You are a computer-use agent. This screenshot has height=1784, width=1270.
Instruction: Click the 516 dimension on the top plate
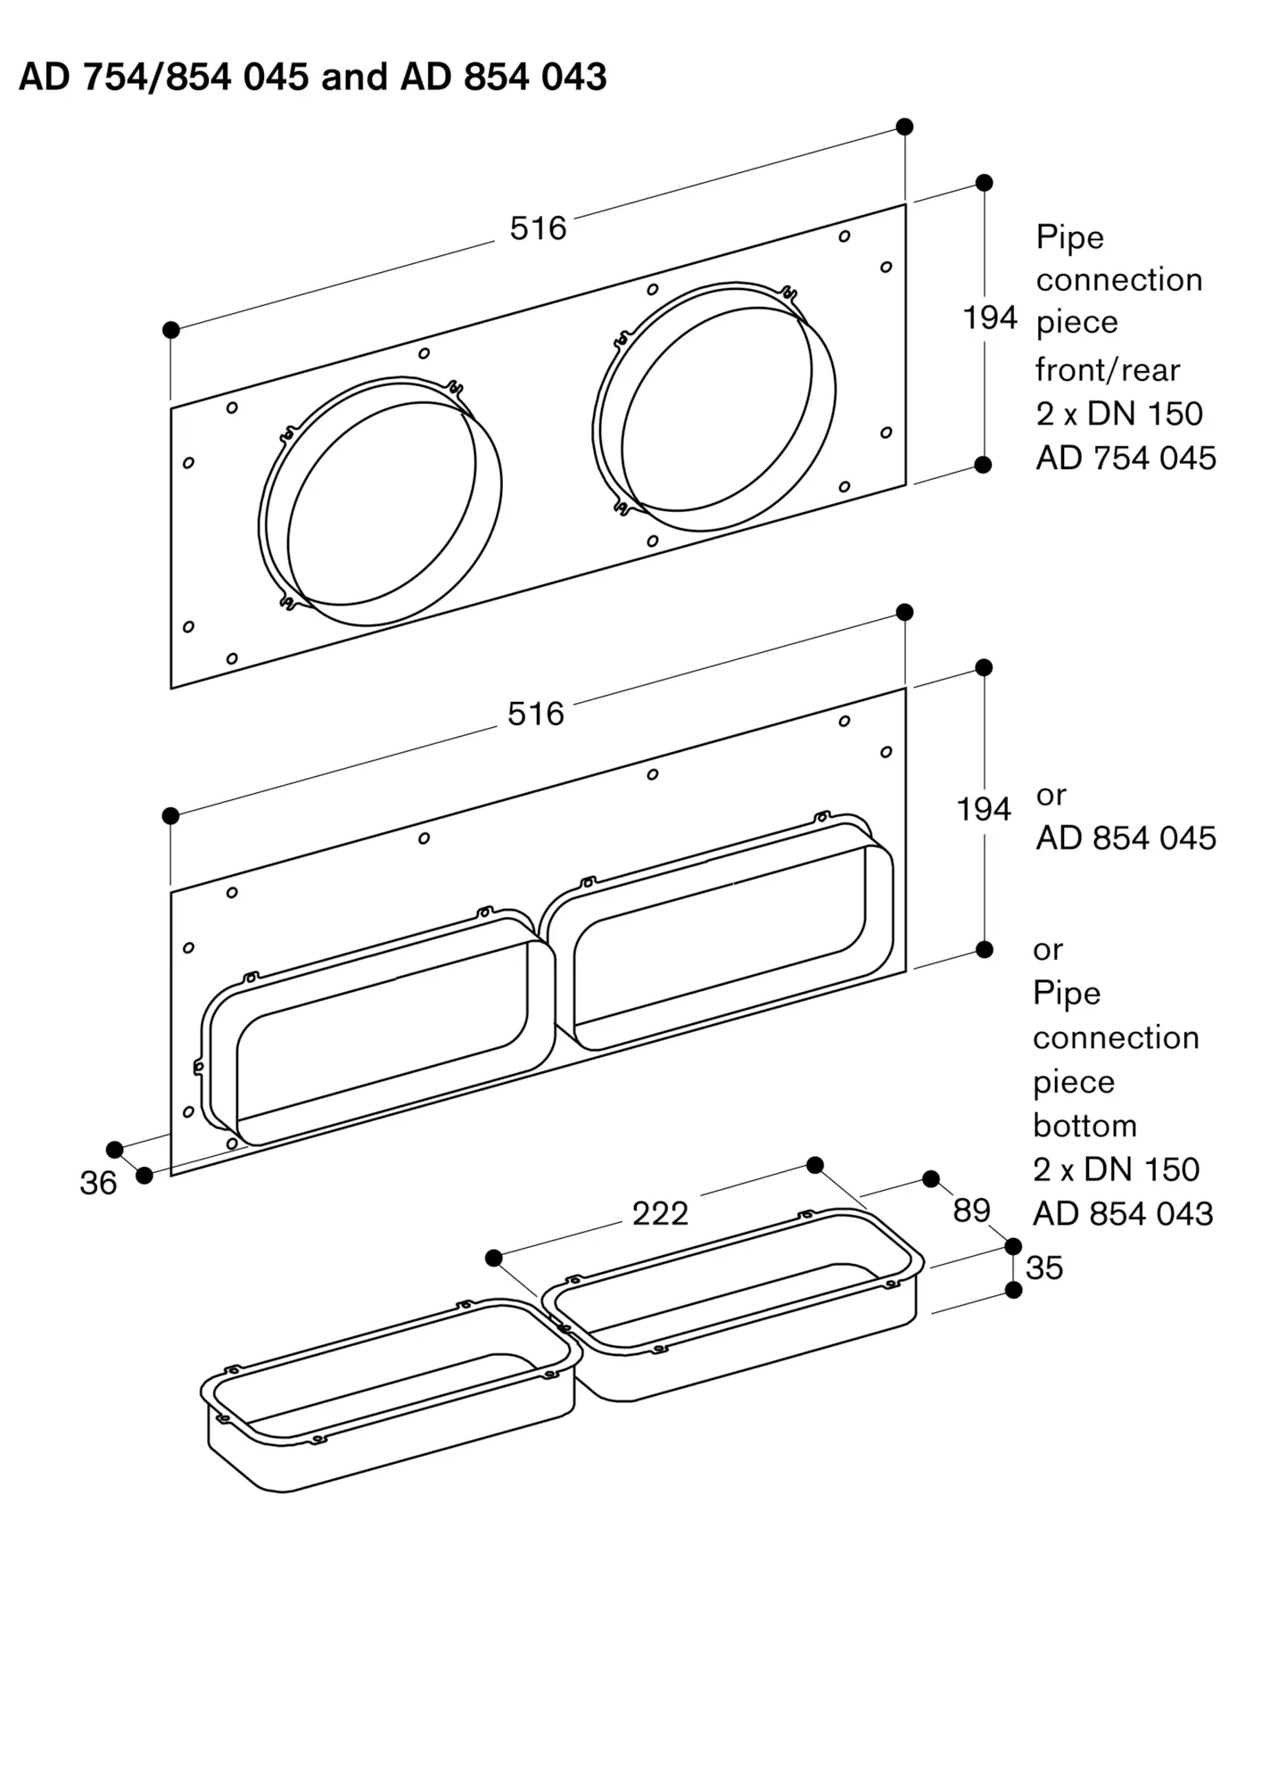click(538, 228)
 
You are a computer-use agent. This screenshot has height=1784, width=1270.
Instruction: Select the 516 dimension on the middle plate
click(536, 714)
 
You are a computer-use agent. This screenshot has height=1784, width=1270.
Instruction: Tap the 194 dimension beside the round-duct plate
click(990, 318)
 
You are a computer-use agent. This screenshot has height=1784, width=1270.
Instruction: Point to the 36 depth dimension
click(98, 1183)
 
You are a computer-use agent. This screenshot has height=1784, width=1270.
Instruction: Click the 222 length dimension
click(660, 1213)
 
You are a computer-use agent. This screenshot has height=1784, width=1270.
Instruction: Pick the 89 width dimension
click(971, 1210)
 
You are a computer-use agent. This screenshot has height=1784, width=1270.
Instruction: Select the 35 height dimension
click(1044, 1268)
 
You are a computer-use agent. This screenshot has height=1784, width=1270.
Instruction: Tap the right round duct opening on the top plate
click(715, 407)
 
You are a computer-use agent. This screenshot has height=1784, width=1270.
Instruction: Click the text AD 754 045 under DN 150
click(1126, 458)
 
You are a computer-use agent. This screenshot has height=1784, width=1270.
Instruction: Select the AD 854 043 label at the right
click(1123, 1213)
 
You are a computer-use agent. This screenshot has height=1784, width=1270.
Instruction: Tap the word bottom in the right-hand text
click(1084, 1126)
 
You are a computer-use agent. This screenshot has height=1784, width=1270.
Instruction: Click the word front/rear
click(1107, 369)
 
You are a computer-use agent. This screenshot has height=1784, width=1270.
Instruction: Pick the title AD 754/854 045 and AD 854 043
click(313, 77)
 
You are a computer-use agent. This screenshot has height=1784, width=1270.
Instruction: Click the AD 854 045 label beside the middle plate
click(1126, 838)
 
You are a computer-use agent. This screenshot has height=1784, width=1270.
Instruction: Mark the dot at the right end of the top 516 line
click(904, 126)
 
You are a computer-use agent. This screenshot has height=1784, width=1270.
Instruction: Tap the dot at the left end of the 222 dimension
click(494, 1258)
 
